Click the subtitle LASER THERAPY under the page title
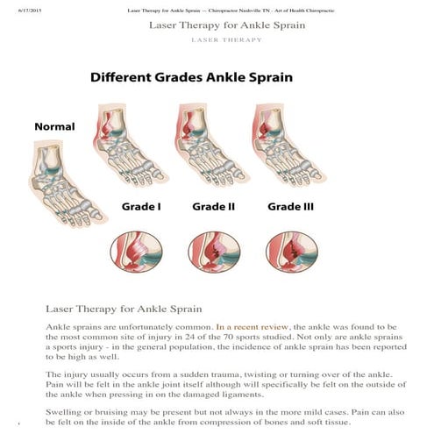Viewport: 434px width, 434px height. coord(227,40)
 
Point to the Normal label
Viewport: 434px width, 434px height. coord(54,127)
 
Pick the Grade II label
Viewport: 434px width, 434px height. coord(214,208)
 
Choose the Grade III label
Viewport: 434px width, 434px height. coord(290,208)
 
